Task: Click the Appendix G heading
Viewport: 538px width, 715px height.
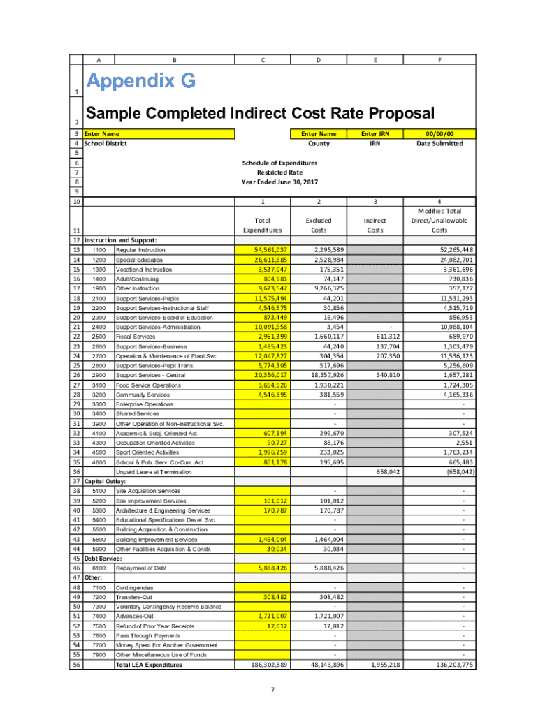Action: click(x=140, y=82)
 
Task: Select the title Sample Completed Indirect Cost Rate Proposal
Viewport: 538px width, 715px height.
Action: click(x=259, y=113)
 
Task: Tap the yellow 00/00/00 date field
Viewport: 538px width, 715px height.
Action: click(x=439, y=133)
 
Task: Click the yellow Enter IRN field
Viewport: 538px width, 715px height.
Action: click(x=375, y=133)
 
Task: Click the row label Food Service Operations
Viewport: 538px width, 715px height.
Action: click(x=148, y=385)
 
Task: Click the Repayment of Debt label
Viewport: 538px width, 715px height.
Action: click(x=141, y=568)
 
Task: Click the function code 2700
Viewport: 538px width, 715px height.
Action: click(x=99, y=356)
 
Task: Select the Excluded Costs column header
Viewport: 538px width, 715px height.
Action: click(x=319, y=225)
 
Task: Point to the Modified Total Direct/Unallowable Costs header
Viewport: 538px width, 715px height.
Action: click(x=439, y=220)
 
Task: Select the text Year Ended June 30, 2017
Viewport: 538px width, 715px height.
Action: click(x=279, y=182)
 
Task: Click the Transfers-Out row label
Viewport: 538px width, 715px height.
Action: click(x=135, y=597)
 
